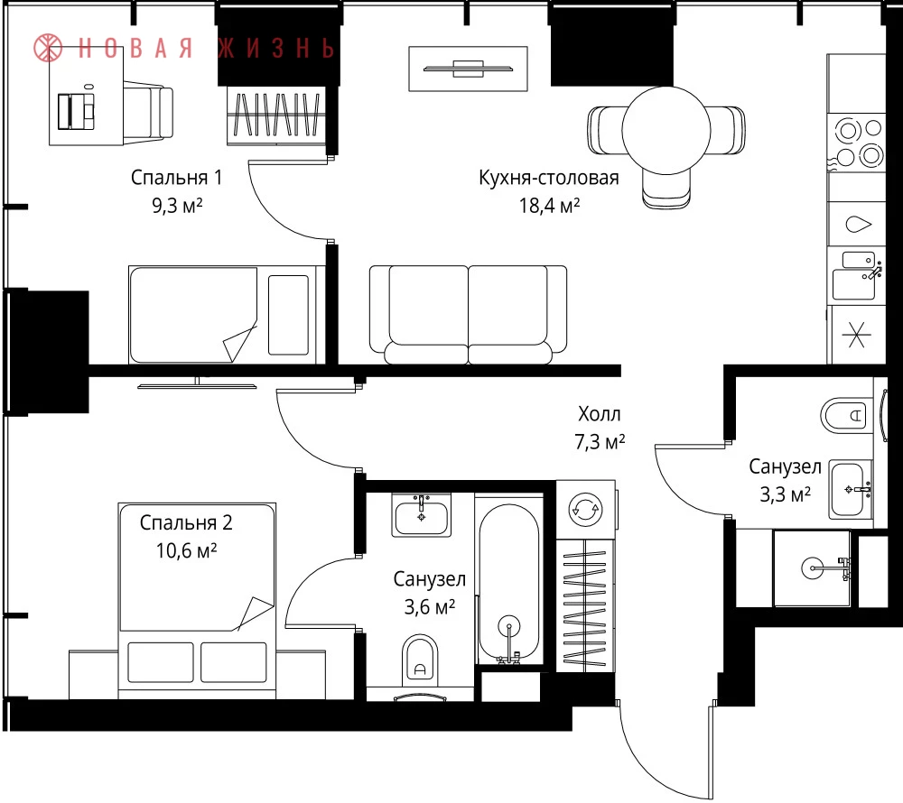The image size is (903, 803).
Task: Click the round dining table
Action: (x=666, y=130)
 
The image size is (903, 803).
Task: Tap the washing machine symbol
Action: (x=586, y=509)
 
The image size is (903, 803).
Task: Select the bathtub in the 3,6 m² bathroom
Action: (x=509, y=582)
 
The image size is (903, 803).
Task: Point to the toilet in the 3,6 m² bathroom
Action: (x=420, y=658)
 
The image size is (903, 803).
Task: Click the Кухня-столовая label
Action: (x=549, y=178)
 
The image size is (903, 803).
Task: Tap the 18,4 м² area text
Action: (x=549, y=206)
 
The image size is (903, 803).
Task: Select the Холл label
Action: (x=599, y=413)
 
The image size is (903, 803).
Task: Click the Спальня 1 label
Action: (x=176, y=177)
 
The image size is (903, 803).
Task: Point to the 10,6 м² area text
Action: (x=186, y=550)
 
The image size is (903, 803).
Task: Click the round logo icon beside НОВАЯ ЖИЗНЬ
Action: (x=48, y=48)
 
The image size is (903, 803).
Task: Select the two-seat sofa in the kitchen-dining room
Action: (x=468, y=315)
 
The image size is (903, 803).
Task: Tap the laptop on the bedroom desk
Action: (x=76, y=111)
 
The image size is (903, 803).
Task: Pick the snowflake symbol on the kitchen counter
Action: (x=856, y=335)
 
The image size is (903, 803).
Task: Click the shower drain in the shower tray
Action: (x=813, y=568)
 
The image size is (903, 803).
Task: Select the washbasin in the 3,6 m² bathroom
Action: (x=421, y=515)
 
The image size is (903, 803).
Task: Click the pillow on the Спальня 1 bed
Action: (x=289, y=315)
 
